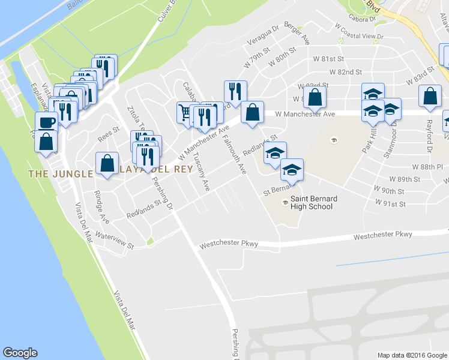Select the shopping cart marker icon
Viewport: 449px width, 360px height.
[185, 112]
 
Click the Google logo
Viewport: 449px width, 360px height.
[20, 353]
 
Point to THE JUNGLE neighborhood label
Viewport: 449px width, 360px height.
[59, 174]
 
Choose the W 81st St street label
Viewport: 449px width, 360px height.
[329, 59]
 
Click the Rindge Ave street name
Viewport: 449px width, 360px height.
[102, 206]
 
